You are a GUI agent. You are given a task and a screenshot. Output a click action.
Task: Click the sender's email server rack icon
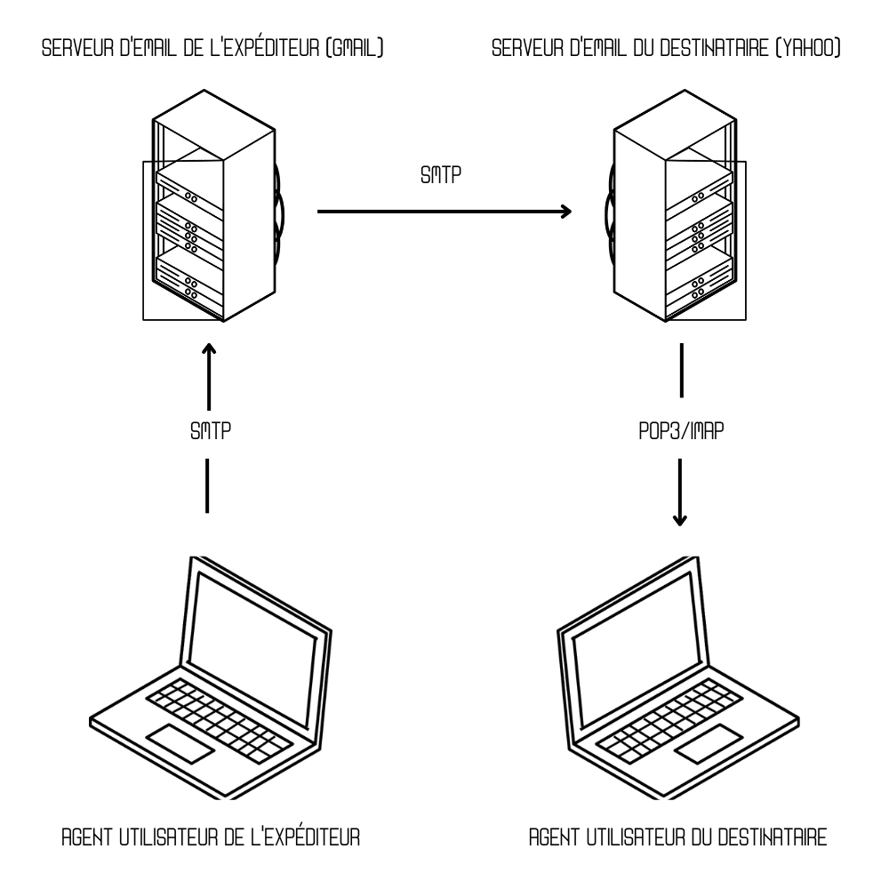(212, 213)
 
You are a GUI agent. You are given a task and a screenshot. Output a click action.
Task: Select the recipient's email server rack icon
(676, 213)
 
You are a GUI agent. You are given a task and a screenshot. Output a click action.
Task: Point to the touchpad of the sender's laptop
(180, 742)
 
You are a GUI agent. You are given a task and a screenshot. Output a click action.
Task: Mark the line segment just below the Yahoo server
(680, 370)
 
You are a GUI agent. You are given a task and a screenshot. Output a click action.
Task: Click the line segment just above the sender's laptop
(207, 485)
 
